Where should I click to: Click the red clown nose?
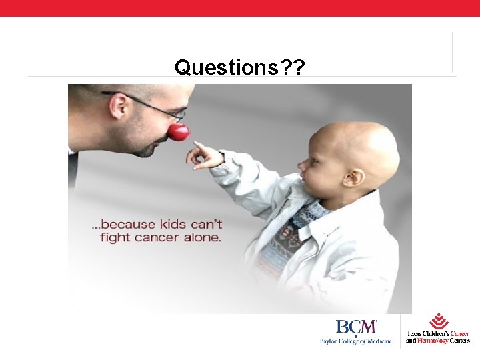178,132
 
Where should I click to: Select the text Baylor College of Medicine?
355,341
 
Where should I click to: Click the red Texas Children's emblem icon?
439,321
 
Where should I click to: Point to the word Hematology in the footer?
432,341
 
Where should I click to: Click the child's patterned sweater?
283,247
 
